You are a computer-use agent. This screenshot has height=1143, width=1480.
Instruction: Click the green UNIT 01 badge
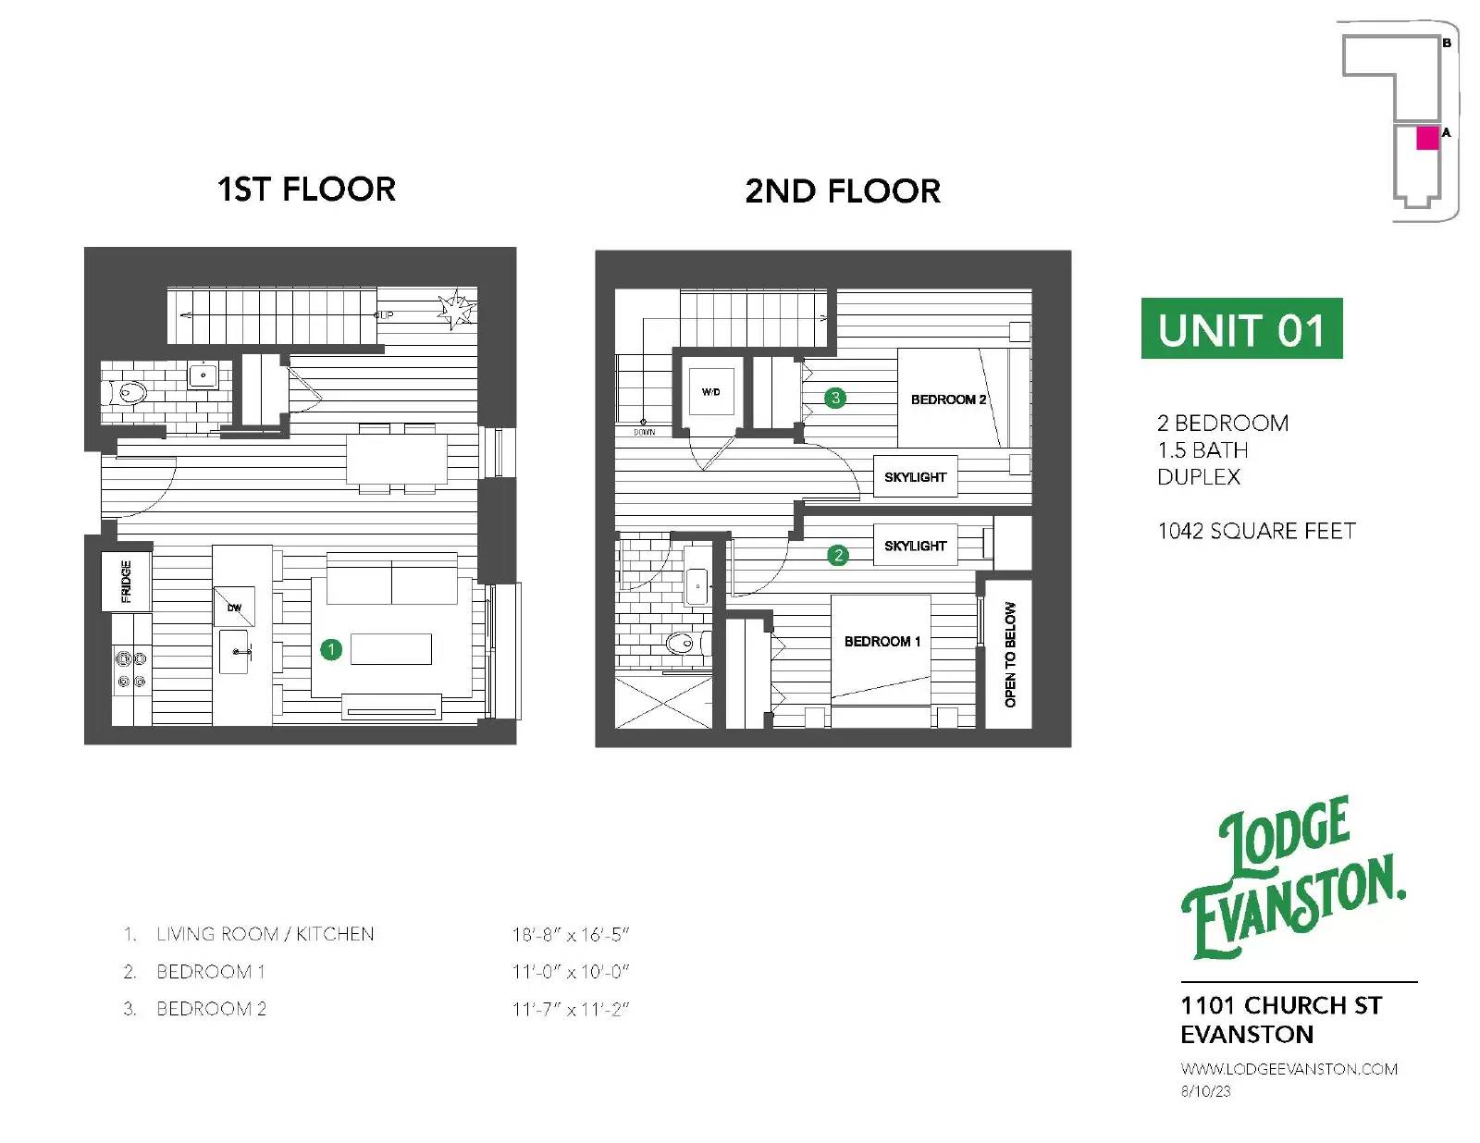[1241, 328]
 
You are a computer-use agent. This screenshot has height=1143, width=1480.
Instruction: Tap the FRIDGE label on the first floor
[126, 582]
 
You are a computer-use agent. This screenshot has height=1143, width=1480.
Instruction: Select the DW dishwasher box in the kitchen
[234, 607]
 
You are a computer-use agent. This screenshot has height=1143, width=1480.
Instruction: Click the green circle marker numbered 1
[331, 649]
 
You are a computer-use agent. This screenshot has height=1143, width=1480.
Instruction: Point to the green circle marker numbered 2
[838, 556]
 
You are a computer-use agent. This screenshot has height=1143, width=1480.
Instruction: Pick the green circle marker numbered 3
[835, 399]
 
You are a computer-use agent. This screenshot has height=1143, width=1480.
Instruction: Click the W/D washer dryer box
[711, 391]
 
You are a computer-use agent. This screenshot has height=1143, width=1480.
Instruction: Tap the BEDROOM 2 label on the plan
[948, 399]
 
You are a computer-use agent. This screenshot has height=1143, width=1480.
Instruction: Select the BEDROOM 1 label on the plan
[882, 641]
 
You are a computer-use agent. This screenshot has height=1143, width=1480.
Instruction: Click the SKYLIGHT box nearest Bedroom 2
[916, 476]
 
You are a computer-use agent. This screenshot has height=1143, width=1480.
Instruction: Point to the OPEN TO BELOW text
[1010, 654]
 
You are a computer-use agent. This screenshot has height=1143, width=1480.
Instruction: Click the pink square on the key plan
[1427, 138]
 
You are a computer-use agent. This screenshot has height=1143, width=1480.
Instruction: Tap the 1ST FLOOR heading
[306, 190]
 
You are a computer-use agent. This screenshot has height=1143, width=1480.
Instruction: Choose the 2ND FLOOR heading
[843, 190]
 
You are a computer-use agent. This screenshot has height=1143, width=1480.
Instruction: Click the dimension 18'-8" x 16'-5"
[571, 934]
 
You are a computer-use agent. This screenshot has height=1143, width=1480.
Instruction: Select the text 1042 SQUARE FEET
[1256, 531]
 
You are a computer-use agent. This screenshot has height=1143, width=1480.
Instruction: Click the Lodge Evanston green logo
[1293, 878]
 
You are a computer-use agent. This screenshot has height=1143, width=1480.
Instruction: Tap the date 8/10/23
[1205, 1091]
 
